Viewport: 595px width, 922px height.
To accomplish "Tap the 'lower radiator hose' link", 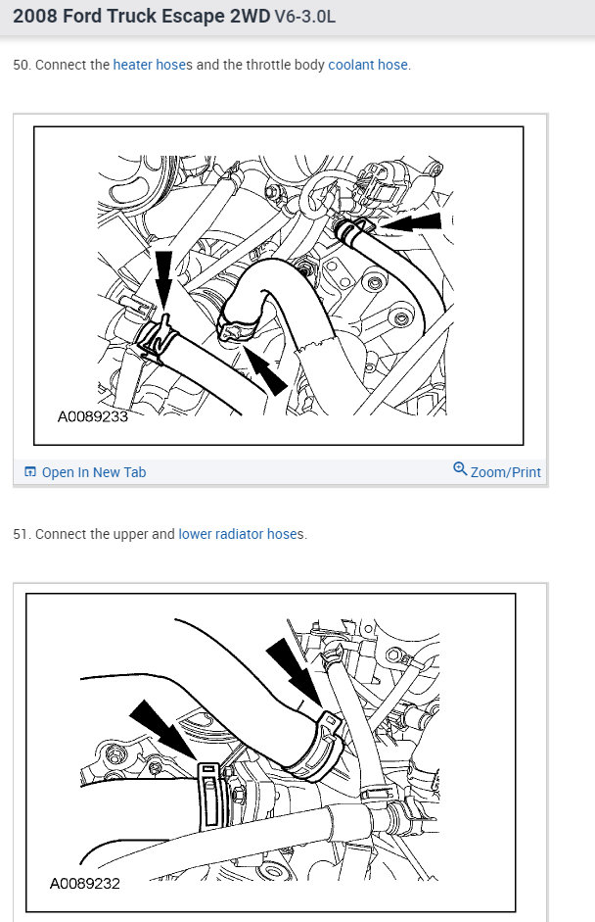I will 240,535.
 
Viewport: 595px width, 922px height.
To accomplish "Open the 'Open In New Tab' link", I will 93,472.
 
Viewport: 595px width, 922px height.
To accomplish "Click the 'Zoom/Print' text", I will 505,472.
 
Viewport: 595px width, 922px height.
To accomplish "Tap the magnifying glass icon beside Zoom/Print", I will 460,469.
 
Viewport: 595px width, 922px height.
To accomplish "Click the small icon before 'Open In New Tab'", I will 30,472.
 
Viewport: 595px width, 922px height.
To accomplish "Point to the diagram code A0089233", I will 93,415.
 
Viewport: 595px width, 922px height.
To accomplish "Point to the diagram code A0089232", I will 85,884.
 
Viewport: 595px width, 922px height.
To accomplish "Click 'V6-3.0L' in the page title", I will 306,18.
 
